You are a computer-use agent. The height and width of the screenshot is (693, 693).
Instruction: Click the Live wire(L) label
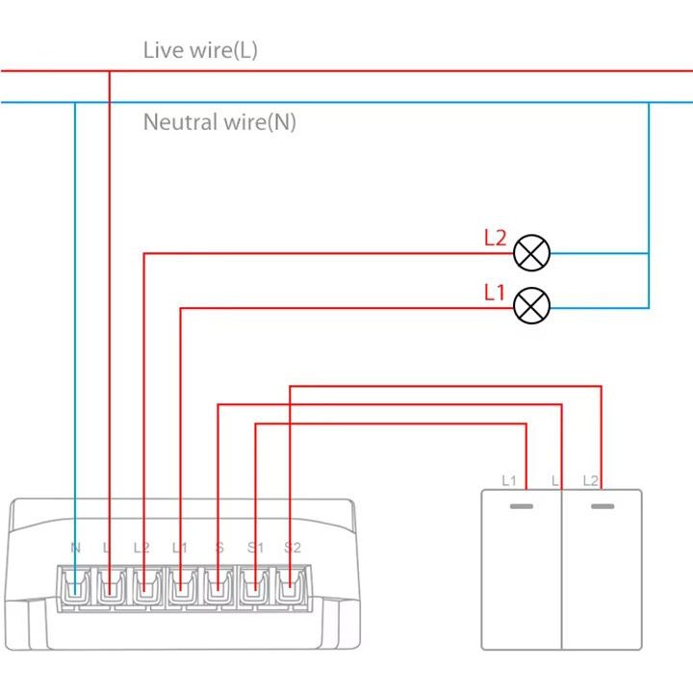pyautogui.click(x=200, y=50)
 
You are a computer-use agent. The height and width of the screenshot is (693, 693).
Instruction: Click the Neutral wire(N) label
pyautogui.click(x=219, y=122)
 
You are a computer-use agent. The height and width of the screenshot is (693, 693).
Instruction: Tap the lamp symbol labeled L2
pyautogui.click(x=531, y=254)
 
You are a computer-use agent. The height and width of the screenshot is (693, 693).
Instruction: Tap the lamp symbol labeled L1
pyautogui.click(x=531, y=308)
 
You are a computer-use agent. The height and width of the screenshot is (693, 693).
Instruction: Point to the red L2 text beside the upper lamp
pyautogui.click(x=495, y=239)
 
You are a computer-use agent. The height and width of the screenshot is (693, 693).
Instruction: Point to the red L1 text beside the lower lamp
pyautogui.click(x=495, y=293)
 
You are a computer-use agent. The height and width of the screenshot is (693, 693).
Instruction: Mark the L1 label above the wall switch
pyautogui.click(x=510, y=479)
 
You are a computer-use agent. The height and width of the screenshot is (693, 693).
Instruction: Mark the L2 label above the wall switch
pyautogui.click(x=591, y=479)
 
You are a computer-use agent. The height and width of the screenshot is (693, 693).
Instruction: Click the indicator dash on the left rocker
pyautogui.click(x=522, y=505)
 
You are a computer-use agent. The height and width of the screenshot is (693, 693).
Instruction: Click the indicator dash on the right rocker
pyautogui.click(x=602, y=505)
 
